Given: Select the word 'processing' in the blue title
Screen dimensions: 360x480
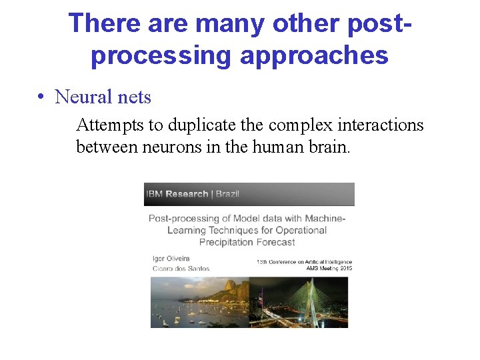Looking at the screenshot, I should point(161,55).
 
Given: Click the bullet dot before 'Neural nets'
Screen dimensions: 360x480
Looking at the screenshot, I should point(41,97).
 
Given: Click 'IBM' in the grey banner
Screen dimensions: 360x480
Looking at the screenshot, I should point(154,194).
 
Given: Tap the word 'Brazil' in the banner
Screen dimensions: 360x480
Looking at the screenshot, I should point(226,194).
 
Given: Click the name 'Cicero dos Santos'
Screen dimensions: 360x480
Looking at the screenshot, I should point(181,269).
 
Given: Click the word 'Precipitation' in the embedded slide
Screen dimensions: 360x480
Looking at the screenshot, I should point(226,243).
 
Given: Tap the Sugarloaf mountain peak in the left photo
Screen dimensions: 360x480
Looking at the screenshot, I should point(231,285).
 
